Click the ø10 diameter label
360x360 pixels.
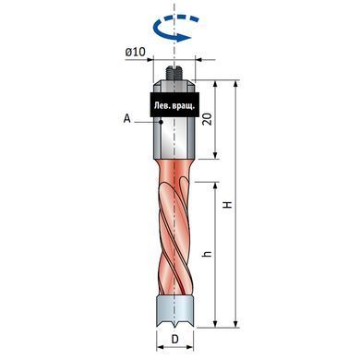coord(135,52)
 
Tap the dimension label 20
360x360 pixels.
coord(208,119)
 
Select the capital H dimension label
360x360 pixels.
coord(228,205)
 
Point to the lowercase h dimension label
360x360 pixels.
coord(208,254)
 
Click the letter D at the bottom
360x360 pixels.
coord(174,340)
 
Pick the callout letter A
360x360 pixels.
coord(127,118)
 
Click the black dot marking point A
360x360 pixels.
coord(161,122)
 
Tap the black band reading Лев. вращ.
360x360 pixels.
coord(174,104)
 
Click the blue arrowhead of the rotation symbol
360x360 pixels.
coord(184,38)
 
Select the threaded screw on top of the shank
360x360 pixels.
coord(174,73)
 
